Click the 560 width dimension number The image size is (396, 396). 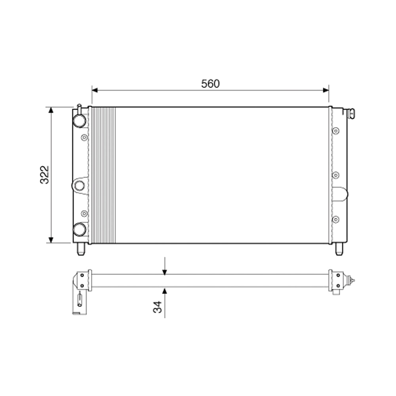210,84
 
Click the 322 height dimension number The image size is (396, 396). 44,175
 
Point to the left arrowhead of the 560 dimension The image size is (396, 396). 95,90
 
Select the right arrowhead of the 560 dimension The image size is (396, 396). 326,90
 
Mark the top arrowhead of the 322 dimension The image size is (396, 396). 51,110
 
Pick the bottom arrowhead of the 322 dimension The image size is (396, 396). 51,240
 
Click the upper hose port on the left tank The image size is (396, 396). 80,120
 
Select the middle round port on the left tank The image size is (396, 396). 80,185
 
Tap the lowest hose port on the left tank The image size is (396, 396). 80,229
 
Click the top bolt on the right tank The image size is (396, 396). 336,131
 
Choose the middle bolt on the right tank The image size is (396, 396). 336,175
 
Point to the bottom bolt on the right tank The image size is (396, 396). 336,219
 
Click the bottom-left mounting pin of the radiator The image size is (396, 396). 81,249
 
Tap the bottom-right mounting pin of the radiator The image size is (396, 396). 339,249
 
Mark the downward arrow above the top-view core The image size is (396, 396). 165,271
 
